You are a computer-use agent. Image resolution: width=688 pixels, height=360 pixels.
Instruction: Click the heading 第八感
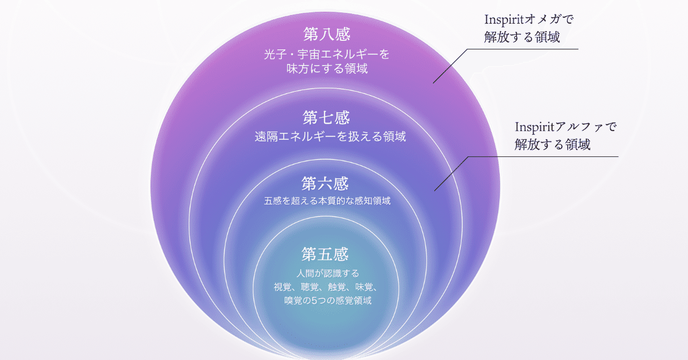(x=327, y=35)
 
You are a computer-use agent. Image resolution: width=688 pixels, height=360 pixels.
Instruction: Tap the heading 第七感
(x=327, y=117)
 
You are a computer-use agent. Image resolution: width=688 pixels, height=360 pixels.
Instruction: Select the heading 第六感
(x=325, y=184)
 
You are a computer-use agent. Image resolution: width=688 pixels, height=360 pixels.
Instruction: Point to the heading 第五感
(x=325, y=253)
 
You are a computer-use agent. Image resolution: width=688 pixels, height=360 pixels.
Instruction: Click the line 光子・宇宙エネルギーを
(x=327, y=55)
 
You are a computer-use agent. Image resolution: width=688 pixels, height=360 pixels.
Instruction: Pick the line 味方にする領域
(x=327, y=69)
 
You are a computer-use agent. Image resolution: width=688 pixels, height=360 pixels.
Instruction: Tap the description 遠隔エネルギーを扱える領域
(x=330, y=137)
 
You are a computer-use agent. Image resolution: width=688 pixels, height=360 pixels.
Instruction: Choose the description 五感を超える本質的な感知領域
(x=327, y=201)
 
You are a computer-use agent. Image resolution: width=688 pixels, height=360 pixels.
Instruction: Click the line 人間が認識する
(x=327, y=273)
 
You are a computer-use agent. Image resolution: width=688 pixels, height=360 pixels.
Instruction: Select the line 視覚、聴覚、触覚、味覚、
(x=327, y=287)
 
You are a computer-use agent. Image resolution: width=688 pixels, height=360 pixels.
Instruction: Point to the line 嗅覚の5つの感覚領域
(x=327, y=300)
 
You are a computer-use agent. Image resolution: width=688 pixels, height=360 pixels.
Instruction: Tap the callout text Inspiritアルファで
(x=565, y=127)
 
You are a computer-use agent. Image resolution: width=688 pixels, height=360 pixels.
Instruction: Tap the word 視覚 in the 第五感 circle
(x=283, y=287)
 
